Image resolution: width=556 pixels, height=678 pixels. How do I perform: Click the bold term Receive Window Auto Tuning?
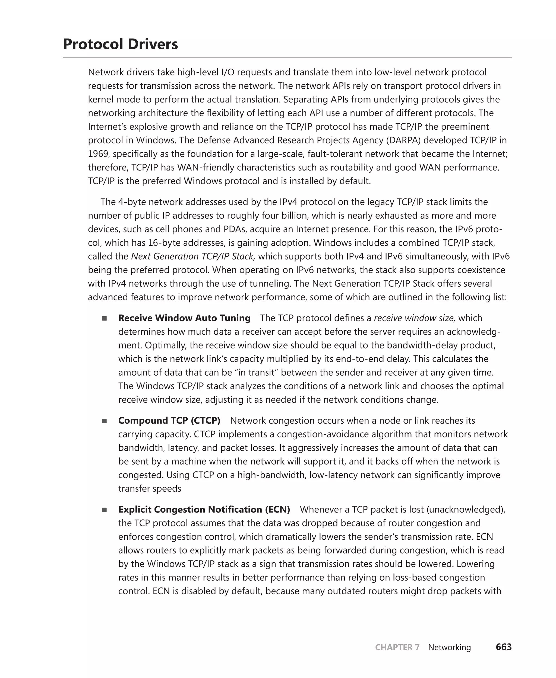coord(184,318)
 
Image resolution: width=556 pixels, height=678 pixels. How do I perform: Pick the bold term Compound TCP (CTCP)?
coord(169,420)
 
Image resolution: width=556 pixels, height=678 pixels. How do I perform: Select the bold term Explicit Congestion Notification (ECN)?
coord(204,509)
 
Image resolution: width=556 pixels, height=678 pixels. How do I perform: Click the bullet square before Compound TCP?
coord(105,421)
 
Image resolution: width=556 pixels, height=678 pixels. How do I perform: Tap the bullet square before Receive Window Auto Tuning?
coord(105,319)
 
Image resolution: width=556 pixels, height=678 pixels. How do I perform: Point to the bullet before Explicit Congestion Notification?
coord(105,510)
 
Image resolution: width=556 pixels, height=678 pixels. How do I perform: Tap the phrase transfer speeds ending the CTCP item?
coord(150,489)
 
